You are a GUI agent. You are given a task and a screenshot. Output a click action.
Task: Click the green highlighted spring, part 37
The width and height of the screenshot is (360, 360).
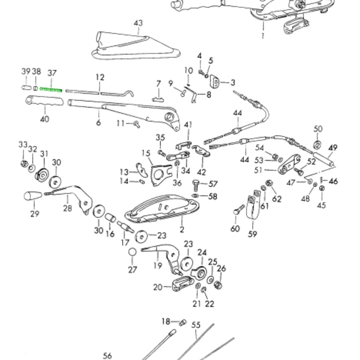[x=51, y=90]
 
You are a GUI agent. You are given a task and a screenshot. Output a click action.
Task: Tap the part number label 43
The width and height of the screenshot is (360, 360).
[x=138, y=23]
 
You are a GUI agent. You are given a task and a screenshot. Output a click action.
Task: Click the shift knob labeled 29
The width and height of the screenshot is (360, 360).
[x=33, y=196]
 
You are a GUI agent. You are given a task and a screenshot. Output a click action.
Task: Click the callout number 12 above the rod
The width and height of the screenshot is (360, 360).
[x=100, y=77]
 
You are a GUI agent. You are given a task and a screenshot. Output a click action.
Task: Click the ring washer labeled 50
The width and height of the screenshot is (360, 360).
[x=318, y=145]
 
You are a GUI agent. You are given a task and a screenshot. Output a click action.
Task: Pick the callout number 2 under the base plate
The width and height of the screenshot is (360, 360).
[x=182, y=230]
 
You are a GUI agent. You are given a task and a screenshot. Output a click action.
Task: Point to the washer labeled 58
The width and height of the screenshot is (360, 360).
[x=196, y=196]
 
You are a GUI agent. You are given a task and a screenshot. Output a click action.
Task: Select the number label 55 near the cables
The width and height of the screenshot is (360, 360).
[x=196, y=325]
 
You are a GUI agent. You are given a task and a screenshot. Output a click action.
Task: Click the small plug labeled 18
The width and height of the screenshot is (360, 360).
[x=183, y=322]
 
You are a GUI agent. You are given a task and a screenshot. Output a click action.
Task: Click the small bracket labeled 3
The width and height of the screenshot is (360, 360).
[x=216, y=82]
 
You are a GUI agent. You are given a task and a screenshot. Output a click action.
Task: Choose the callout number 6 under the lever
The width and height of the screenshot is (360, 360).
[x=98, y=123]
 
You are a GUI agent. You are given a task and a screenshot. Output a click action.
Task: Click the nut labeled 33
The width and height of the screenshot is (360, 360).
[x=23, y=164]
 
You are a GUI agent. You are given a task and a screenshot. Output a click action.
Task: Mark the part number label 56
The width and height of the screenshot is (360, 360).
[x=107, y=355]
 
